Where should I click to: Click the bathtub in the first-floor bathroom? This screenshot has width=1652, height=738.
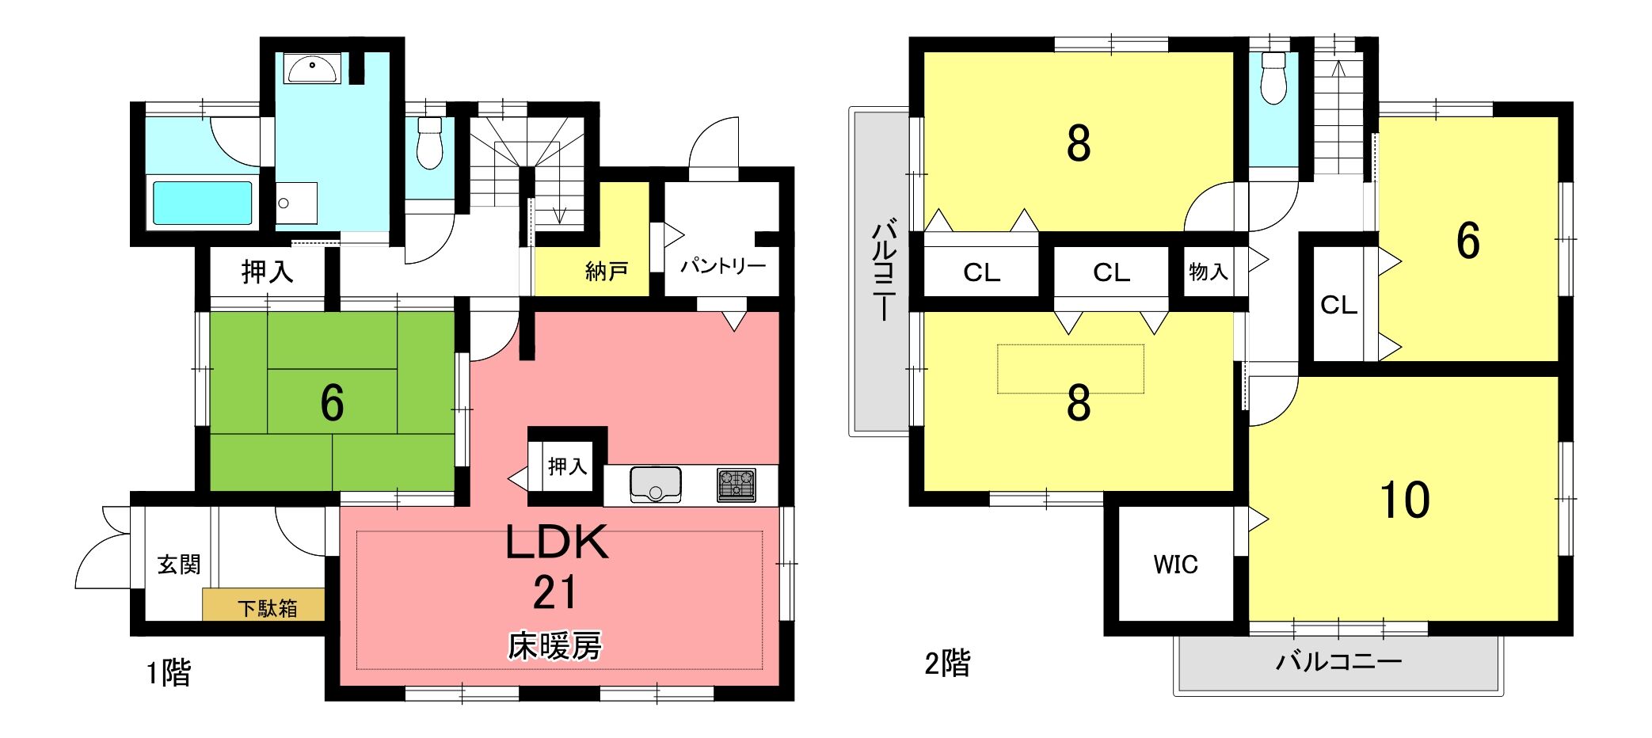pyautogui.click(x=202, y=203)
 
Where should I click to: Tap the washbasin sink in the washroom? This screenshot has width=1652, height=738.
pyautogui.click(x=314, y=69)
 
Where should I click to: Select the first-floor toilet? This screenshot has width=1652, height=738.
pyautogui.click(x=429, y=143)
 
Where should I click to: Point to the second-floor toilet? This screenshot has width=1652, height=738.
pyautogui.click(x=1273, y=78)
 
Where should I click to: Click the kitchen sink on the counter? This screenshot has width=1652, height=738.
pyautogui.click(x=656, y=485)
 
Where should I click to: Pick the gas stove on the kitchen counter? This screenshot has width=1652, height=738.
pyautogui.click(x=737, y=485)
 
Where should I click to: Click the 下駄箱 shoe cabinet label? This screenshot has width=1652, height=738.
pyautogui.click(x=268, y=608)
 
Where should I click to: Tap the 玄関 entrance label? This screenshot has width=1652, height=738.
pyautogui.click(x=179, y=565)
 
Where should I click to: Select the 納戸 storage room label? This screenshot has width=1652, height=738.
pyautogui.click(x=607, y=272)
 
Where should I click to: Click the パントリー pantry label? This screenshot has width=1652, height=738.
pyautogui.click(x=723, y=265)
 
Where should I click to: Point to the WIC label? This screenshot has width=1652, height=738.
pyautogui.click(x=1175, y=565)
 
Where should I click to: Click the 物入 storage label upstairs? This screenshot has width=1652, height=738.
pyautogui.click(x=1209, y=272)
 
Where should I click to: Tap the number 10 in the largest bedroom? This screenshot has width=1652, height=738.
pyautogui.click(x=1405, y=500)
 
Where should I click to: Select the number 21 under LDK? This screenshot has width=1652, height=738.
pyautogui.click(x=555, y=592)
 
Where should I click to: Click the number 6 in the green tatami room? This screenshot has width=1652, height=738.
pyautogui.click(x=332, y=403)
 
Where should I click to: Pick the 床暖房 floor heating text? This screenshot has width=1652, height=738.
pyautogui.click(x=555, y=646)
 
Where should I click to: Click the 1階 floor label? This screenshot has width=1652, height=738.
pyautogui.click(x=169, y=673)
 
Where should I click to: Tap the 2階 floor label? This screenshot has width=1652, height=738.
pyautogui.click(x=947, y=664)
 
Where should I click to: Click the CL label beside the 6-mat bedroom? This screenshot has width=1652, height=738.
pyautogui.click(x=1339, y=305)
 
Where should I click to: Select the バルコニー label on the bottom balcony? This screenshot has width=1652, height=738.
pyautogui.click(x=1339, y=661)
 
